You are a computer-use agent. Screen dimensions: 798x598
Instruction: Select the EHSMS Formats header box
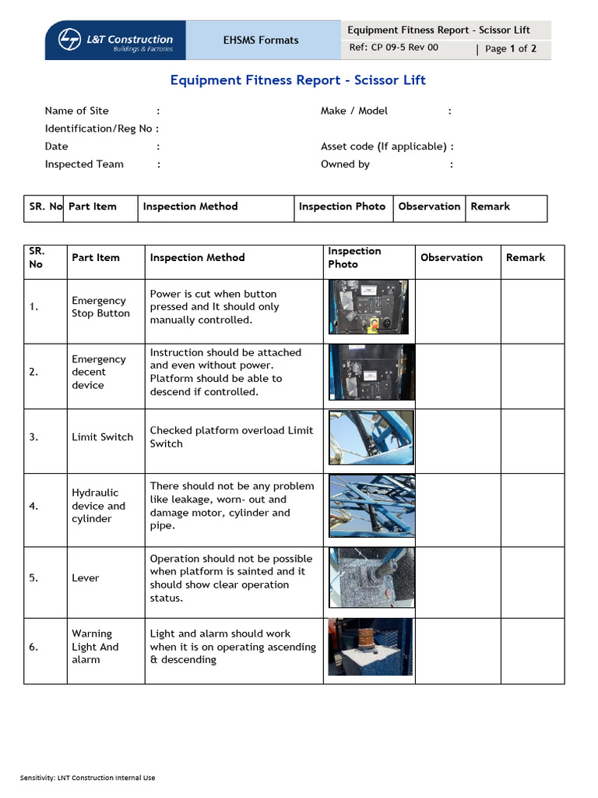261,41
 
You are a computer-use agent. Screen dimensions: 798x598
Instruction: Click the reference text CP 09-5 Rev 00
394,48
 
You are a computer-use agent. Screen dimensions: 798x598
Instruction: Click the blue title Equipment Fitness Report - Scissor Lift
298,80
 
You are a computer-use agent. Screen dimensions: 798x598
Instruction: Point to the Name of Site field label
77,111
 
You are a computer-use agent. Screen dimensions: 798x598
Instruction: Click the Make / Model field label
354,111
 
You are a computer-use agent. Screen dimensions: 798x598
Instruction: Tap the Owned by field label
345,164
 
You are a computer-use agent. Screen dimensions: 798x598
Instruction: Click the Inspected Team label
84,164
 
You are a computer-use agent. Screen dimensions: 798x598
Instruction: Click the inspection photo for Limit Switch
371,437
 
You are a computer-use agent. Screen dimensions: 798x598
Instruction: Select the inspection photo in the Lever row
371,577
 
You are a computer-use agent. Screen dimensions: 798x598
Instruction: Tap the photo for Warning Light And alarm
370,647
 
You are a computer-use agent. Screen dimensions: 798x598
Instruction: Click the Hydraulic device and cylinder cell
98,506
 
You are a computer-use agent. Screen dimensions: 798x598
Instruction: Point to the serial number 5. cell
34,578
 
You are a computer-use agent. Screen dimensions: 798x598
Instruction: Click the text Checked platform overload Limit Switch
231,437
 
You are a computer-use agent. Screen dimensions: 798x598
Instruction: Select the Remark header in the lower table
526,258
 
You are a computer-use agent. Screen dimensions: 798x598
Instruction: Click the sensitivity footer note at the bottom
88,778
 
